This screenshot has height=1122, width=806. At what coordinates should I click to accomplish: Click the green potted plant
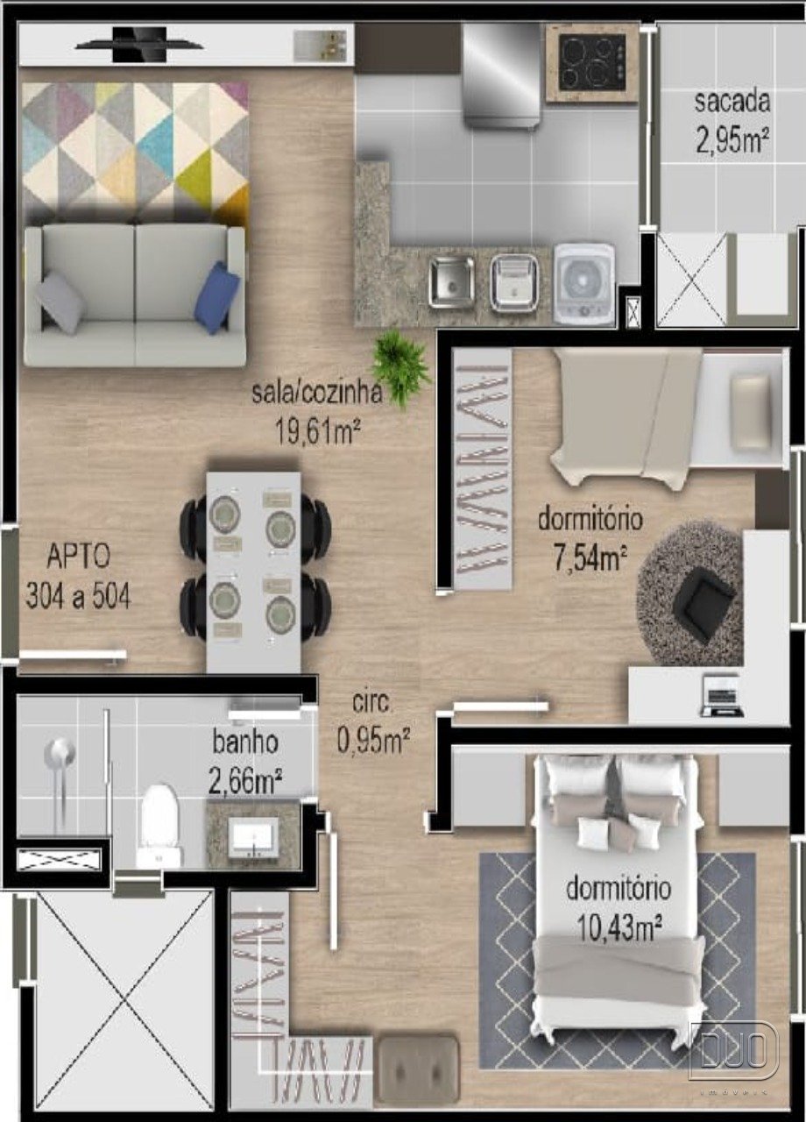pyautogui.click(x=401, y=370)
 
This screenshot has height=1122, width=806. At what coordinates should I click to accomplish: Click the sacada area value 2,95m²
pyautogui.click(x=732, y=141)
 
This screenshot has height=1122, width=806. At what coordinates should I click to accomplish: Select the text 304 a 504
pyautogui.click(x=78, y=596)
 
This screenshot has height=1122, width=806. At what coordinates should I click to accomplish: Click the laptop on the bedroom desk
pyautogui.click(x=723, y=696)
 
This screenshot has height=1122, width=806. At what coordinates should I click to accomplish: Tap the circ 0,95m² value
pyautogui.click(x=373, y=740)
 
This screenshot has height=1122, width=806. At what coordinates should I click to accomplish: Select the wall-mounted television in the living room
pyautogui.click(x=139, y=45)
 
